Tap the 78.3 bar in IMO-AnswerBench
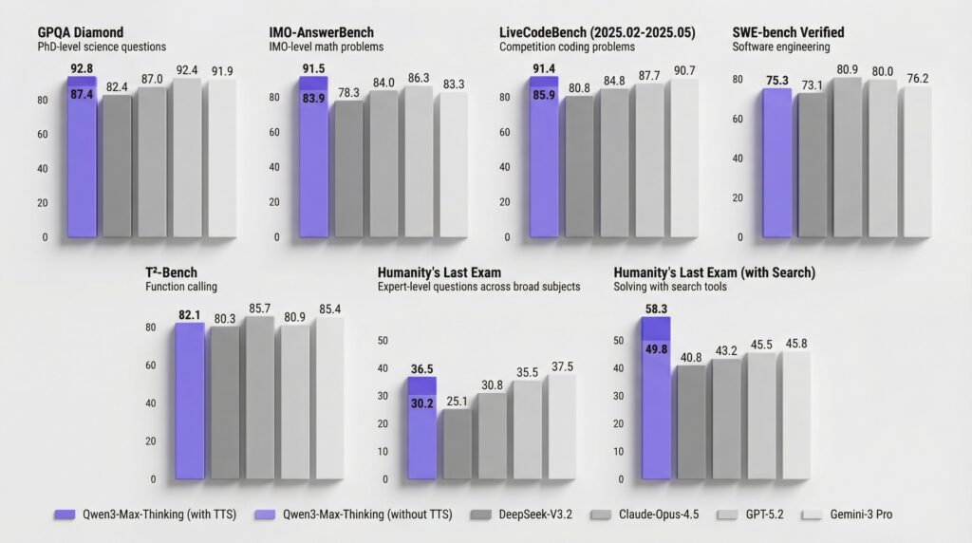(x=348, y=169)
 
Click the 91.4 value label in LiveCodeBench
(x=544, y=68)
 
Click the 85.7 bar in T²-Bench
(x=258, y=399)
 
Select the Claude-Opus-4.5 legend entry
(x=641, y=515)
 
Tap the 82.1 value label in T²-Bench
(x=190, y=314)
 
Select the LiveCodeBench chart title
(x=598, y=32)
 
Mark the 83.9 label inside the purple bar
(x=313, y=99)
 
